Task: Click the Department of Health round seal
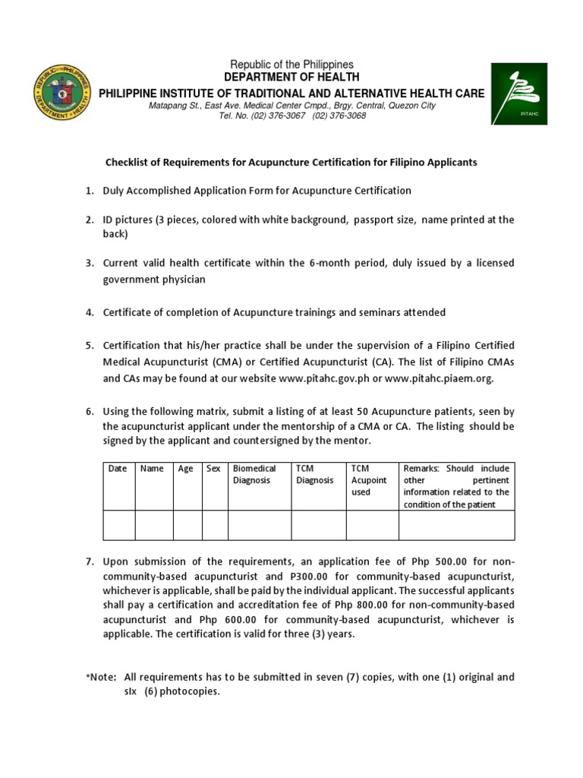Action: pos(64,92)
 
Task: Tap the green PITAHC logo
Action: pos(518,93)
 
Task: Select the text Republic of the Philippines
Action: pos(292,65)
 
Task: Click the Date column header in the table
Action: pos(118,469)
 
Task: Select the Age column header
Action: pos(186,469)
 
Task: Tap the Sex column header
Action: pos(213,469)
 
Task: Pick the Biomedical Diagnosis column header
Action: pos(254,475)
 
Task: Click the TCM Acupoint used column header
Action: pos(369,480)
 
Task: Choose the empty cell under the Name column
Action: pos(154,524)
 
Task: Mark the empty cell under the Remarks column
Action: pos(456,524)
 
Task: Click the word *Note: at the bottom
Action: pos(99,677)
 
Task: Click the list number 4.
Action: pos(89,312)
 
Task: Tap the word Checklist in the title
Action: pos(125,163)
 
